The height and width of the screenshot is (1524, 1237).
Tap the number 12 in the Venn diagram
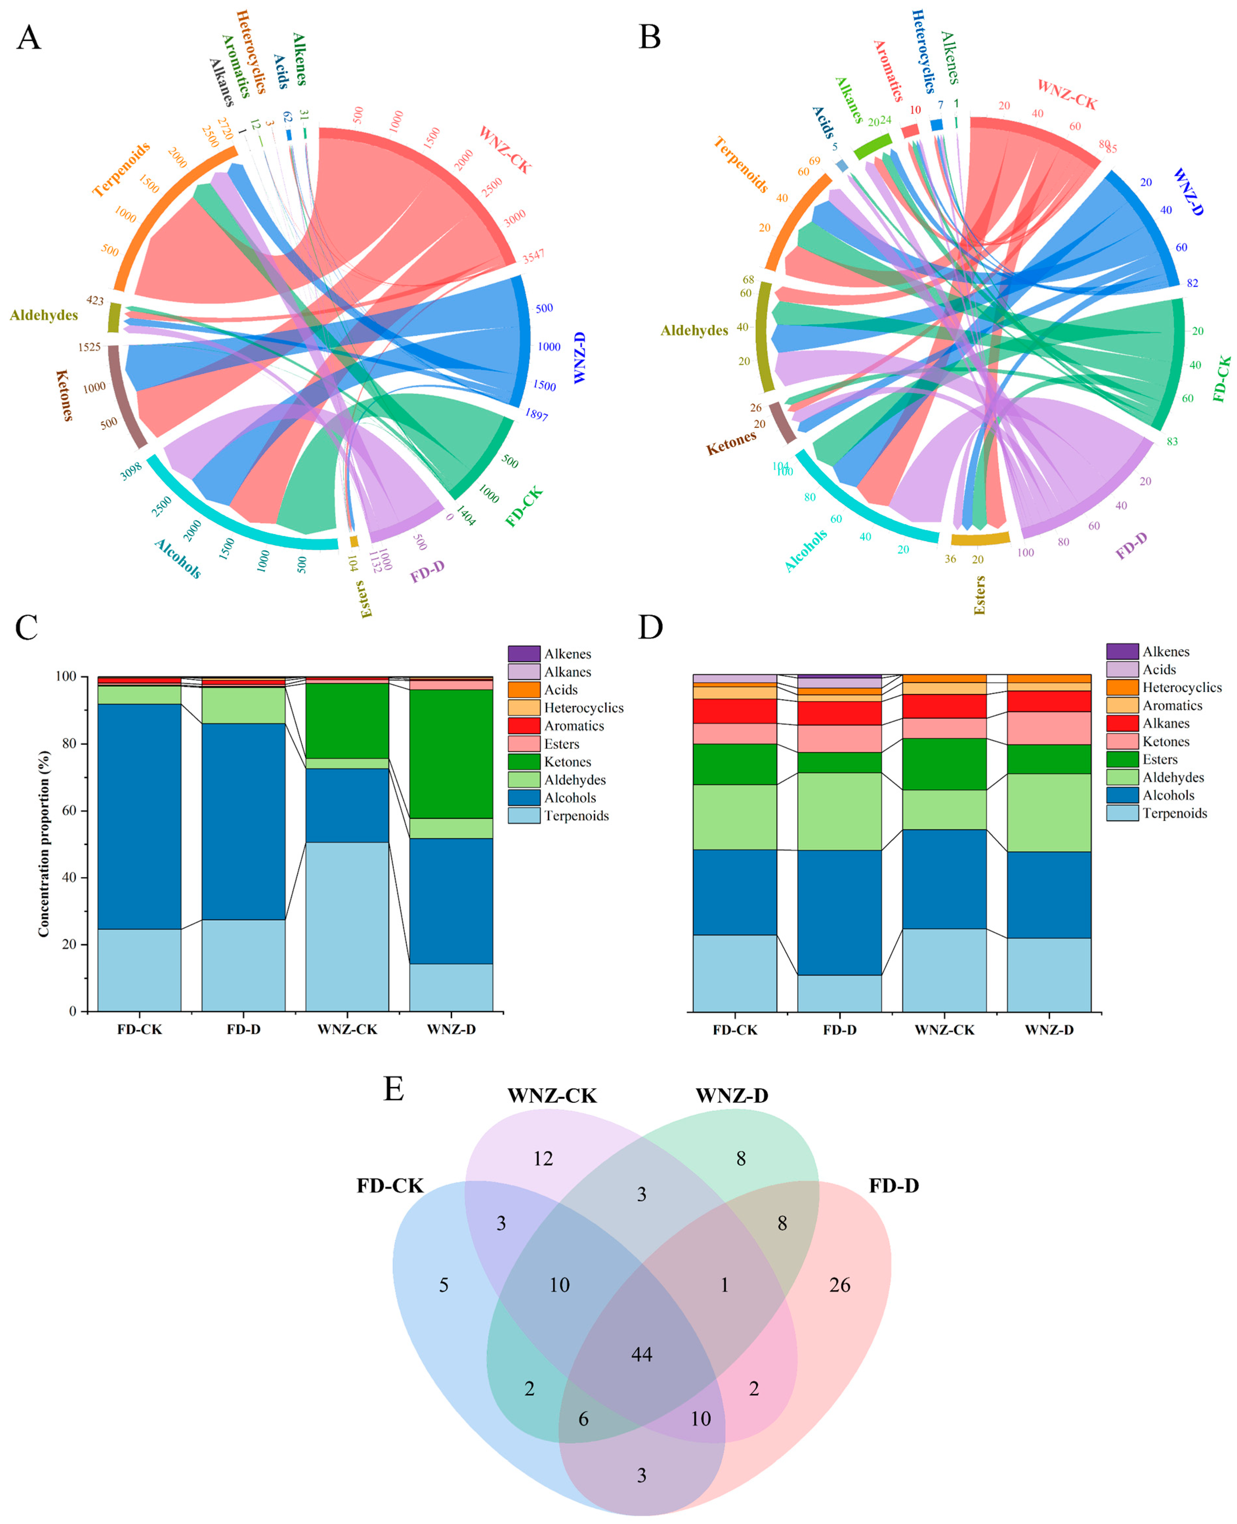click(543, 1158)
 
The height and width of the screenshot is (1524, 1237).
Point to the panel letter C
click(27, 627)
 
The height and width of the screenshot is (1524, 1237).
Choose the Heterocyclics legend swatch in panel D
click(1122, 687)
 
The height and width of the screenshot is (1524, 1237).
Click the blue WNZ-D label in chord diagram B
click(1188, 191)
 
